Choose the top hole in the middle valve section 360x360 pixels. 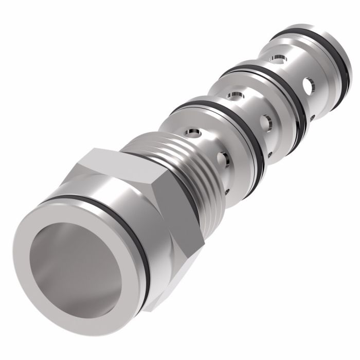point(236,95)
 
